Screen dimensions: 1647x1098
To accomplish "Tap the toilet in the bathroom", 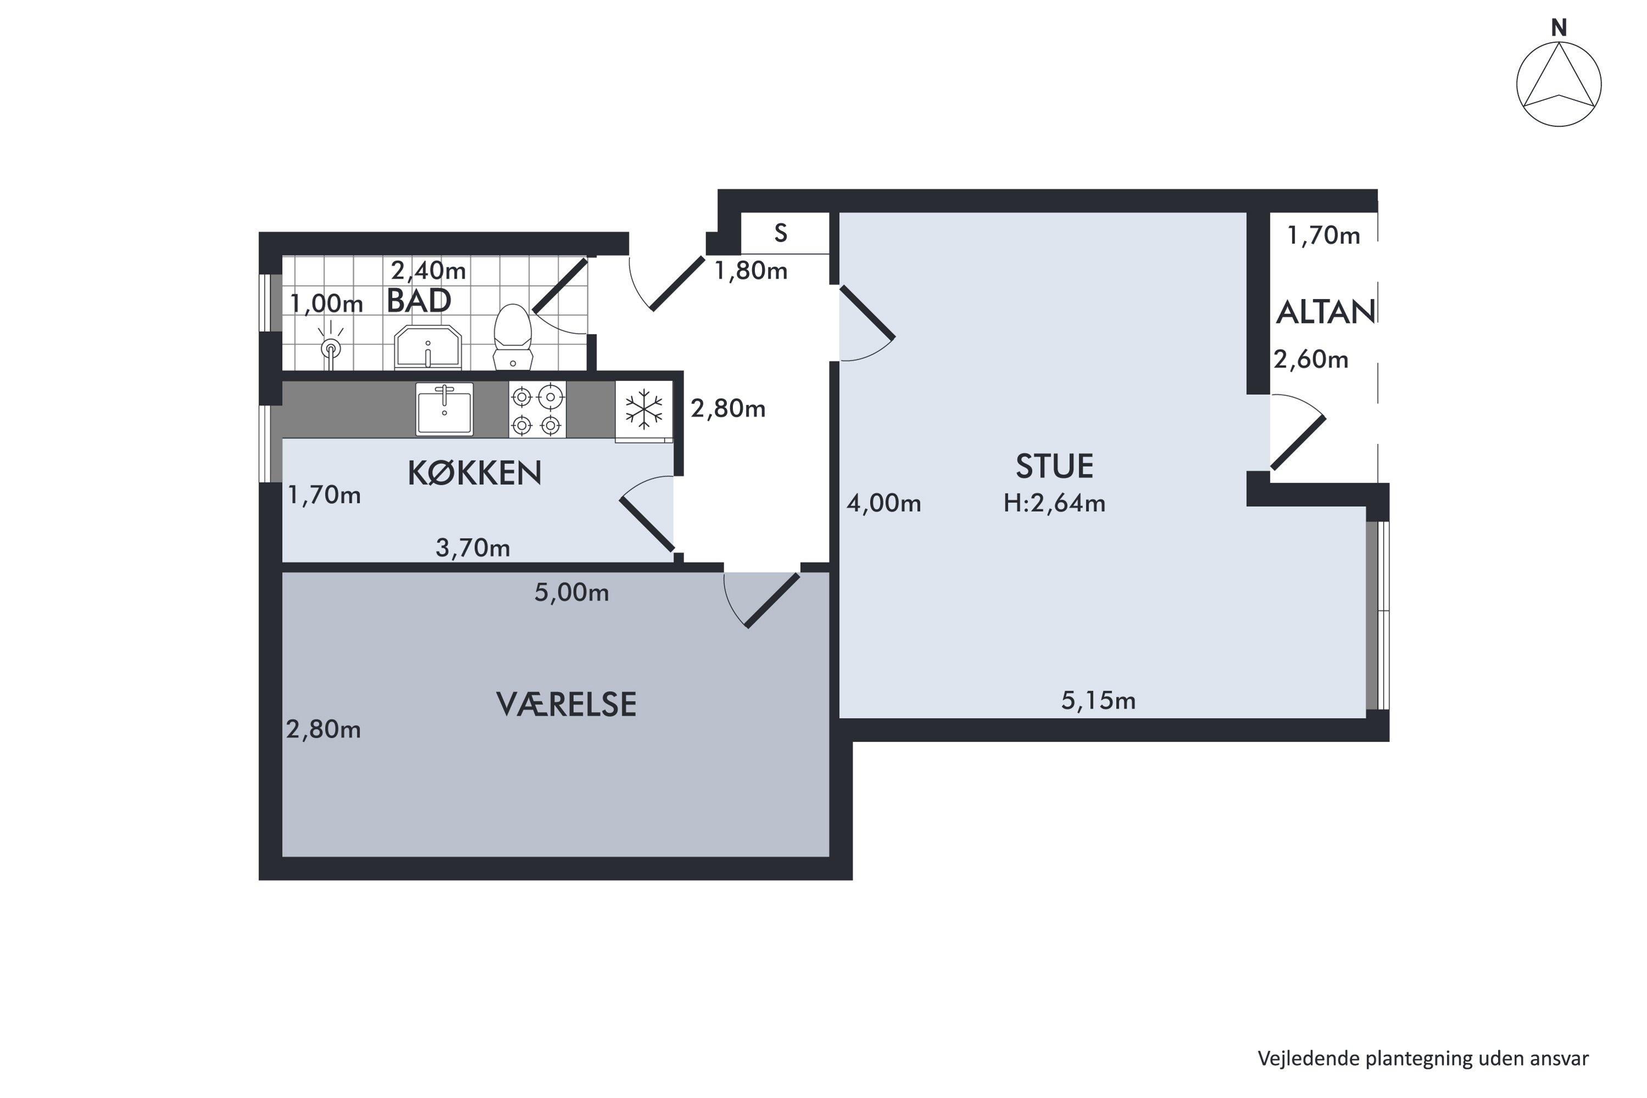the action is click(x=513, y=336).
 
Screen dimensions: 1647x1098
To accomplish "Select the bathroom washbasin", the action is click(x=428, y=348).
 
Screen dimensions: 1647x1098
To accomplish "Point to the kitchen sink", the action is click(x=444, y=409).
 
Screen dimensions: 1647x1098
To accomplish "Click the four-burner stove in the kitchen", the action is click(x=537, y=410).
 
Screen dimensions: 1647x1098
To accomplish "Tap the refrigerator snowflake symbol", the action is click(x=643, y=409).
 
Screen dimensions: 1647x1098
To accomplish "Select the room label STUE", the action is click(x=1055, y=466).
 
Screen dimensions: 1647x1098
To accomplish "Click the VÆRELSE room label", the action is click(x=567, y=704).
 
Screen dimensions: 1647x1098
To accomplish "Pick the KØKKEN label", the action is click(x=475, y=473).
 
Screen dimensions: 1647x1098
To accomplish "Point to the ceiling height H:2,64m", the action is click(x=1054, y=503).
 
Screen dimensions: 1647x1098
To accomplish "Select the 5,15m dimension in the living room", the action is click(x=1098, y=701).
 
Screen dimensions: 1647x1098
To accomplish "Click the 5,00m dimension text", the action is click(x=572, y=593).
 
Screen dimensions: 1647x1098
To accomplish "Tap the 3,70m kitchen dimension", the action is click(x=473, y=547).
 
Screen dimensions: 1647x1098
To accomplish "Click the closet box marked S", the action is click(x=785, y=233).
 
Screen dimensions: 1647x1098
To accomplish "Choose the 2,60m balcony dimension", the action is click(x=1311, y=360).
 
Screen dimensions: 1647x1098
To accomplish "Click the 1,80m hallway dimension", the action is click(x=750, y=271).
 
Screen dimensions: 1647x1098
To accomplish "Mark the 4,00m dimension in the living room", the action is click(x=884, y=503).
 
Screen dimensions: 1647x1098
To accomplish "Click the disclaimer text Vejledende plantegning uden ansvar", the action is click(x=1423, y=1059).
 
